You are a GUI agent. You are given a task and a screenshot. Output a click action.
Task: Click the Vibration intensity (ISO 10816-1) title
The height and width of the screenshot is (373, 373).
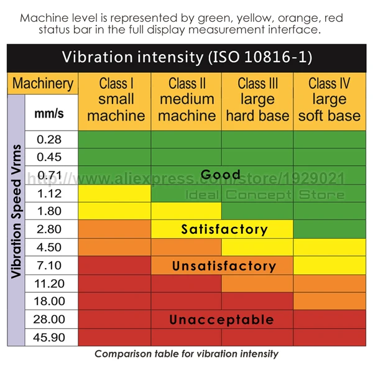pos(187,58)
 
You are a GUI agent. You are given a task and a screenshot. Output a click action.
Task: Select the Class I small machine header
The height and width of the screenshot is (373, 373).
pos(116,99)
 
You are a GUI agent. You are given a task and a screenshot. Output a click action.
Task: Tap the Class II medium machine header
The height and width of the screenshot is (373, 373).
pos(187,99)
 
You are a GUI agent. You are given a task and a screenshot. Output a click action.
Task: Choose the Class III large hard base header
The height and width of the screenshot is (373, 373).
pos(257,99)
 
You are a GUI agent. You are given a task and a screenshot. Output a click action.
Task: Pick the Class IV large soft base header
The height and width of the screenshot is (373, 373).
pos(329,99)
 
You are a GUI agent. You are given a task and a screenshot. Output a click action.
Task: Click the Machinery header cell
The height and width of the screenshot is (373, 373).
pos(43,83)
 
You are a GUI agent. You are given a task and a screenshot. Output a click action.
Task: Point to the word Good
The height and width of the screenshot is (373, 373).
pos(221,175)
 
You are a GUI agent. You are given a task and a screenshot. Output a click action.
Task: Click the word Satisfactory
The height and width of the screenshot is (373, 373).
pos(224,229)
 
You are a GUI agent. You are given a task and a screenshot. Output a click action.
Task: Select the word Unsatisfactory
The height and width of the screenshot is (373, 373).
pos(224,266)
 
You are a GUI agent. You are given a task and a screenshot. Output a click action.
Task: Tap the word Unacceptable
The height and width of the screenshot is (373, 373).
pos(222,320)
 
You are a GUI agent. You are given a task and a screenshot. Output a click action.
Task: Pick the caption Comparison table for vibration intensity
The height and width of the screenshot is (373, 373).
pos(186,354)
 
